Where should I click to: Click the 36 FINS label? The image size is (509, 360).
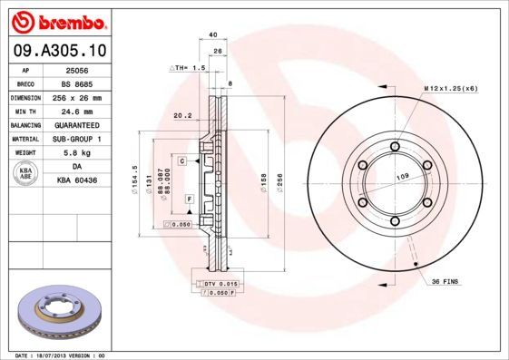445,282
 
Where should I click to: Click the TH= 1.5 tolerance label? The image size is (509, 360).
189,68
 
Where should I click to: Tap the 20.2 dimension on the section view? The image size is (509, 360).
181,115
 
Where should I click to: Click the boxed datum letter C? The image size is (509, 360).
181,161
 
